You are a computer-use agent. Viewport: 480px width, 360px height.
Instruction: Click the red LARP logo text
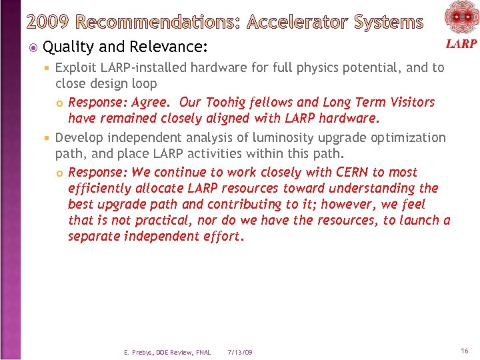[x=461, y=43]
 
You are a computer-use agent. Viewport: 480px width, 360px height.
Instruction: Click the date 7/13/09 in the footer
[x=239, y=352]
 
